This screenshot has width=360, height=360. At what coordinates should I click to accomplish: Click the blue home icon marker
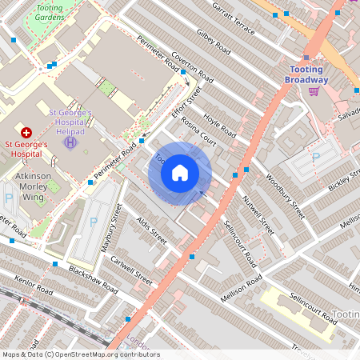tap(180, 172)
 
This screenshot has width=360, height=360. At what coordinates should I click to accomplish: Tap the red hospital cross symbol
tap(26, 132)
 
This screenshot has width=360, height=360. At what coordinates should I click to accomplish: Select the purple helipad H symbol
tap(70, 142)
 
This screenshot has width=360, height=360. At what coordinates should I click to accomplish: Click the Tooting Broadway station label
tap(308, 75)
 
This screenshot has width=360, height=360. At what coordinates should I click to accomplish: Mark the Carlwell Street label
tap(132, 271)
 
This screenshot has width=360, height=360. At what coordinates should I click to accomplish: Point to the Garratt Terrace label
tap(234, 18)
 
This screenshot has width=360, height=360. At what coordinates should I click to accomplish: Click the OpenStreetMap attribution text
tap(80, 354)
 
